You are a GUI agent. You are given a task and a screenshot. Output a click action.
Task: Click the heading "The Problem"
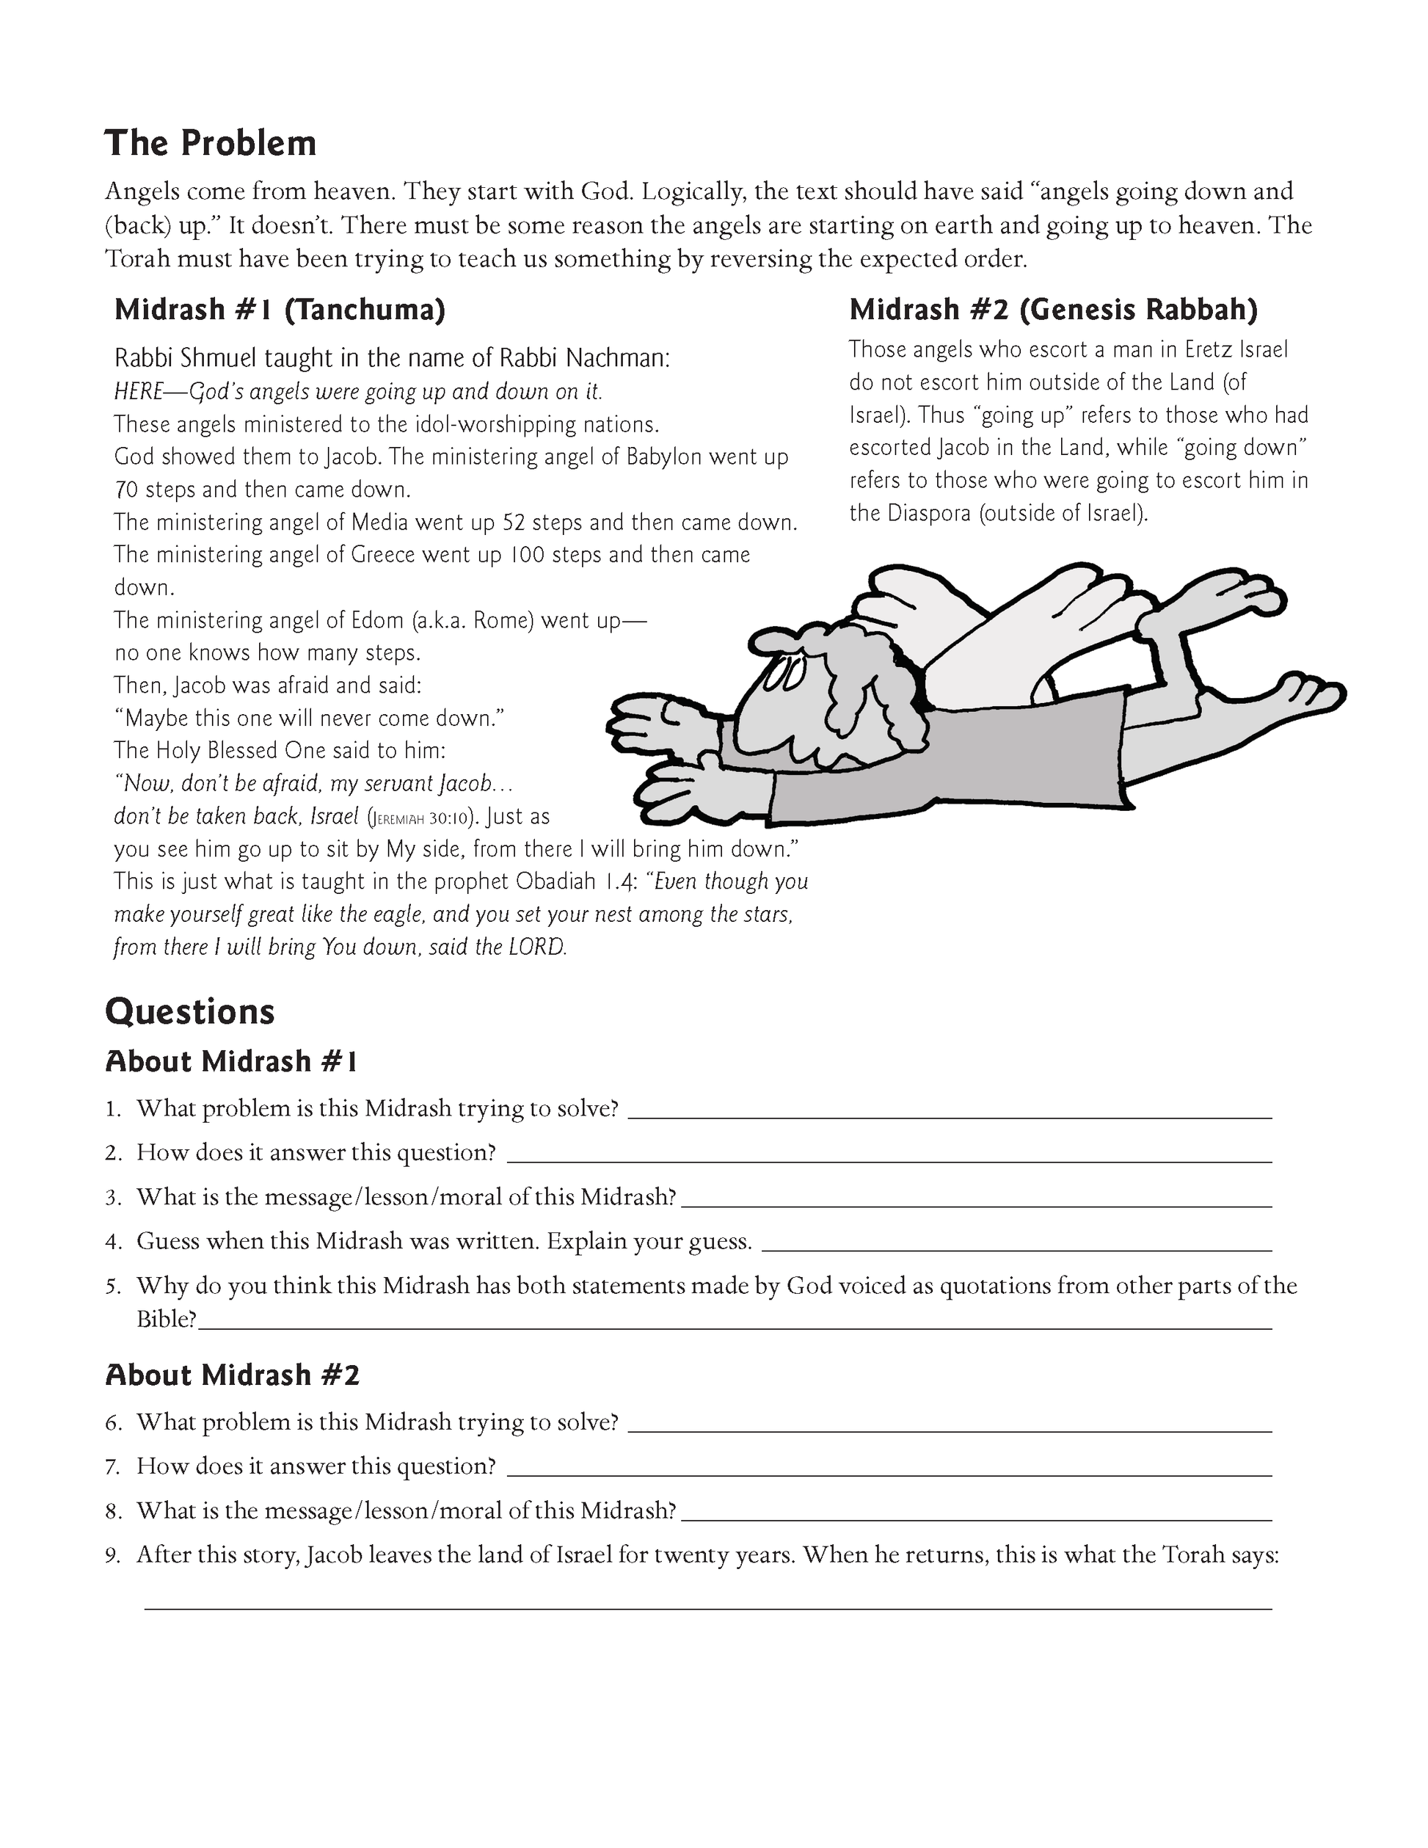(x=210, y=144)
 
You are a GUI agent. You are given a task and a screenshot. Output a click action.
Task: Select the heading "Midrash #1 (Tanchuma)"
(x=279, y=310)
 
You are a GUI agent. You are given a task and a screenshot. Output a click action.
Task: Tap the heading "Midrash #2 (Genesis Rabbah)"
(x=1053, y=310)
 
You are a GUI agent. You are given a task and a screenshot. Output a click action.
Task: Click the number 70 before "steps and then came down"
(x=126, y=490)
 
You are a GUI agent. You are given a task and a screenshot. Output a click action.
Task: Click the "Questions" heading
(x=189, y=1012)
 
